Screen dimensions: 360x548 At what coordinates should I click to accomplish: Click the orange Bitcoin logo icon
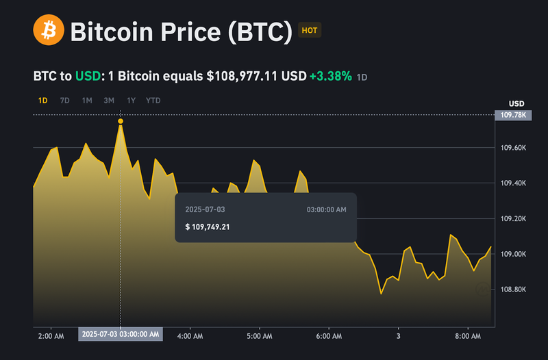(x=48, y=31)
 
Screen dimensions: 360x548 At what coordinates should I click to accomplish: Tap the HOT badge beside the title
(x=310, y=30)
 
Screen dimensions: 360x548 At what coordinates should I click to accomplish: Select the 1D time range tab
(x=42, y=101)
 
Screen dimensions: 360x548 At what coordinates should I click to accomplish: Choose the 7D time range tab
(x=64, y=101)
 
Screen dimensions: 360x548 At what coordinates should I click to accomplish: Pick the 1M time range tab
(x=87, y=101)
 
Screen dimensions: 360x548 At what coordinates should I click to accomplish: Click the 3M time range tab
(x=109, y=101)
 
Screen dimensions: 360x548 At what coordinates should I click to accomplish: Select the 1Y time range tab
(x=131, y=101)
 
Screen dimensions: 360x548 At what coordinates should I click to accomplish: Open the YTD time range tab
(x=153, y=101)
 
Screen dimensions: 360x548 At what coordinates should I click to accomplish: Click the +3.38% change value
(x=330, y=76)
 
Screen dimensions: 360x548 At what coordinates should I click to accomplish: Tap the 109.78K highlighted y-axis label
(x=512, y=116)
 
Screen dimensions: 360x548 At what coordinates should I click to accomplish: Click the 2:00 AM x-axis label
(x=51, y=336)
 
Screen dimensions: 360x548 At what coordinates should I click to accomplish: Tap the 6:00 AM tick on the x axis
(x=329, y=336)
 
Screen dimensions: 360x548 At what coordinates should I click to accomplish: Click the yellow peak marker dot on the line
(x=121, y=121)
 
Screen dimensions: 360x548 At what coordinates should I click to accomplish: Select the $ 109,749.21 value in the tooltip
(x=207, y=227)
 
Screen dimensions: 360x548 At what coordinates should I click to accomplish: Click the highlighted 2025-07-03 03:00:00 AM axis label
(x=121, y=335)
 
